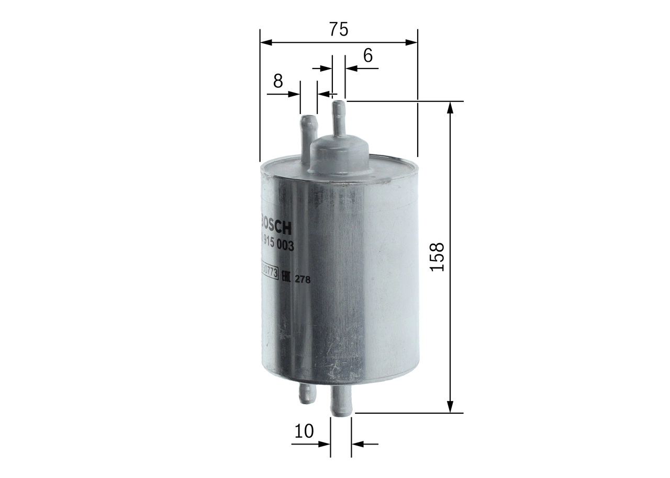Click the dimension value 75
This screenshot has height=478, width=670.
[339, 29]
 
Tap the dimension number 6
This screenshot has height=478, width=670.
[368, 55]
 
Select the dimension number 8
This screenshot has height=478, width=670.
[278, 81]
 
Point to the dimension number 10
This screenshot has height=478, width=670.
[304, 431]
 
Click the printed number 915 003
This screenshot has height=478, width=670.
[277, 245]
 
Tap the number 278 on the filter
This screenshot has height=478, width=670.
[303, 280]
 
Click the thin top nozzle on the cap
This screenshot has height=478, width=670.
[339, 118]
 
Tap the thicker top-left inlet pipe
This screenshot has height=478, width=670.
[308, 133]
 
